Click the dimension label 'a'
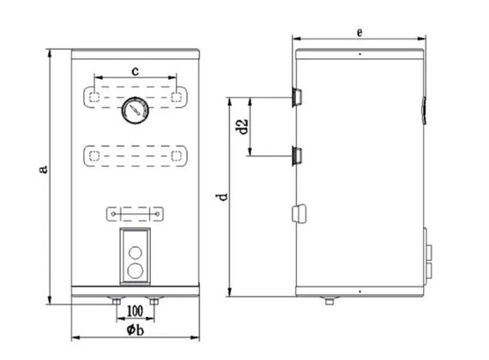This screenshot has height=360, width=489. (x=44, y=169)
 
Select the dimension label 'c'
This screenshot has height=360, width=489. (x=135, y=71)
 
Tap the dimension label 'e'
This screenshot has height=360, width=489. (x=359, y=32)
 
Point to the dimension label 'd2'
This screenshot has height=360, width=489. (x=242, y=127)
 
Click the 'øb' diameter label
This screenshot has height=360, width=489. (x=136, y=329)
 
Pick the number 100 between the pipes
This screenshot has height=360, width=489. (x=135, y=311)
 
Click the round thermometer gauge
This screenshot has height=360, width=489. (x=135, y=110)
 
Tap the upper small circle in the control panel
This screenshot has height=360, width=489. (x=136, y=252)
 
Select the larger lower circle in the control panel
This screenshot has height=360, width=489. (x=136, y=271)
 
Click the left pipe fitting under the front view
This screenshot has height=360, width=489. (x=117, y=301)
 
